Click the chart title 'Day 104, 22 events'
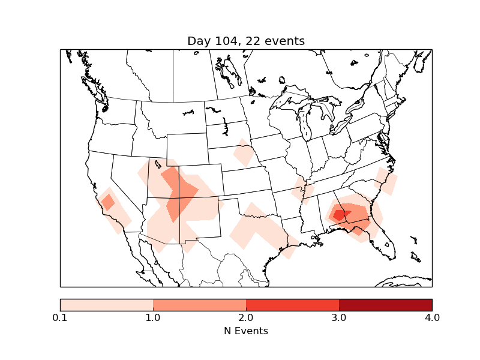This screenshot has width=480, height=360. pyautogui.click(x=246, y=41)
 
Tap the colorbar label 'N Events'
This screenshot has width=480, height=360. pyautogui.click(x=246, y=331)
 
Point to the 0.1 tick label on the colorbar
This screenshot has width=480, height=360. pyautogui.click(x=60, y=317)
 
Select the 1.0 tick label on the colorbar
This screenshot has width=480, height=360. pyautogui.click(x=153, y=317)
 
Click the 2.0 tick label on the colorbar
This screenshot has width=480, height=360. pyautogui.click(x=246, y=317)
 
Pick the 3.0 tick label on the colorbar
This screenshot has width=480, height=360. pyautogui.click(x=339, y=317)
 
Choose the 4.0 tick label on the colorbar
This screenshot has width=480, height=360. pyautogui.click(x=431, y=317)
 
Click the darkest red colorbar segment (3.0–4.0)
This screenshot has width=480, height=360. pyautogui.click(x=385, y=305)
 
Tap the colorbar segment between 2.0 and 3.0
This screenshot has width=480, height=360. pyautogui.click(x=292, y=305)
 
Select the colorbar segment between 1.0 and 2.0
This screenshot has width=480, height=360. pyautogui.click(x=199, y=305)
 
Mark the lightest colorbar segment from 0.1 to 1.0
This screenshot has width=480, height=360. pyautogui.click(x=106, y=305)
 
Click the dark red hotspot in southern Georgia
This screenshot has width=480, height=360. pyautogui.click(x=340, y=214)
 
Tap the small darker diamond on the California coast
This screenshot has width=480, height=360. pyautogui.click(x=108, y=202)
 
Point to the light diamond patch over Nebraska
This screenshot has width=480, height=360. pyautogui.click(x=244, y=154)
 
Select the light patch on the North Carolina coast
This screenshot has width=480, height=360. pyautogui.click(x=385, y=181)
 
